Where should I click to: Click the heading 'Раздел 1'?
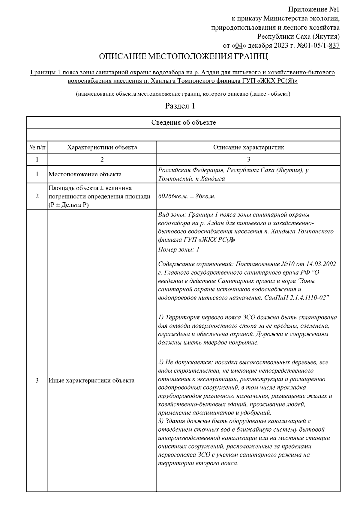tap(180, 106)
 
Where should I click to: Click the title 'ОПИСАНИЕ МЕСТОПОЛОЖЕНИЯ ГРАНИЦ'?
tap(183, 57)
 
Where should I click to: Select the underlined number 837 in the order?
tap(334, 46)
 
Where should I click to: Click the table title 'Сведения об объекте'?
tap(183, 122)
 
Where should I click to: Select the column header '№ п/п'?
tap(37, 147)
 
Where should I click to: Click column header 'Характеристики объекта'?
tap(102, 147)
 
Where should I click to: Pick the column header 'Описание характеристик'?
tap(248, 147)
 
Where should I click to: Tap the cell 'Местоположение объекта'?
tap(85, 174)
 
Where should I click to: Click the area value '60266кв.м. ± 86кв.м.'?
tap(187, 196)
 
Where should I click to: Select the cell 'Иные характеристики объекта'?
tap(91, 380)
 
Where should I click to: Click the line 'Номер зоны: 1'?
tap(178, 249)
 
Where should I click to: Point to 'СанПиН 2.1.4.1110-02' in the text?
tap(297, 298)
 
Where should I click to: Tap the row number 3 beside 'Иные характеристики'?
tap(37, 380)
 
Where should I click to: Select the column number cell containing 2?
tap(102, 159)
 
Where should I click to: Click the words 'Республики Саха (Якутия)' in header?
tap(298, 37)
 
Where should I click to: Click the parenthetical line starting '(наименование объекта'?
tap(183, 94)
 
